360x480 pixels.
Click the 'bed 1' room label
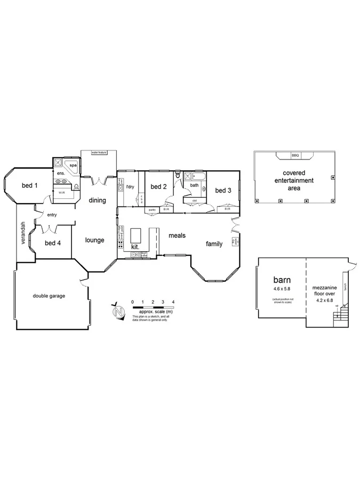[x=30, y=186]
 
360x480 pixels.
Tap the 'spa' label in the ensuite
[x=73, y=166]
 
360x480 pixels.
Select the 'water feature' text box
[x=99, y=153]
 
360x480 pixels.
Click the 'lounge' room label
[x=94, y=240]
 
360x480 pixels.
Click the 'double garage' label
[x=49, y=295]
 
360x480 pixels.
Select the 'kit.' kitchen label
[x=135, y=247]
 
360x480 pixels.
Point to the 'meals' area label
[x=177, y=235]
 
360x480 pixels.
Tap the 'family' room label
[x=214, y=244]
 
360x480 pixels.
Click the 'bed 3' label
[x=223, y=190]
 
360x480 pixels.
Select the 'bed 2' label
[x=159, y=186]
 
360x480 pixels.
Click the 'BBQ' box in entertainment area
[x=295, y=155]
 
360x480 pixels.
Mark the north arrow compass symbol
[x=117, y=310]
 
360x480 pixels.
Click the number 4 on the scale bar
[x=173, y=302]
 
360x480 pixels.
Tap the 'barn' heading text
[x=282, y=279]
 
